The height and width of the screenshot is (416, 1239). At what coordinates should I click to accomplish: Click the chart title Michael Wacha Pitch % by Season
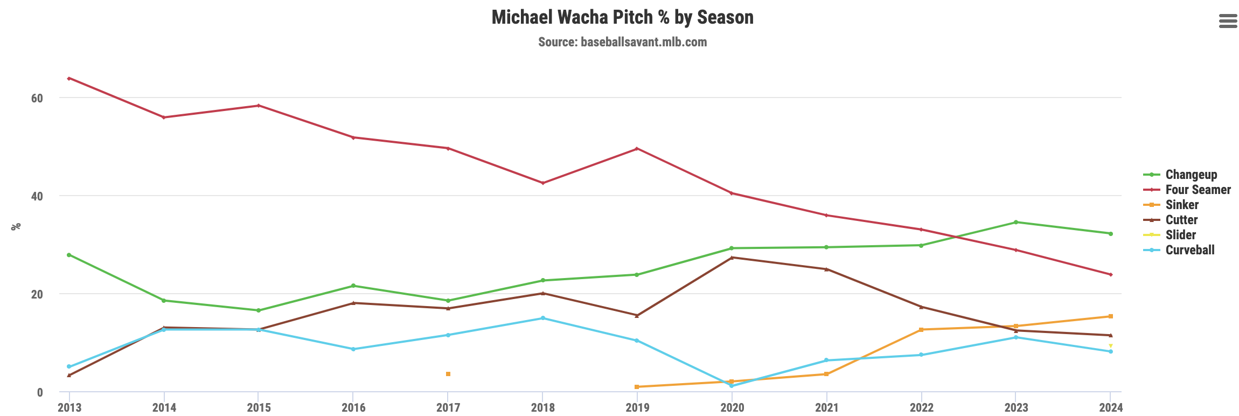(x=622, y=17)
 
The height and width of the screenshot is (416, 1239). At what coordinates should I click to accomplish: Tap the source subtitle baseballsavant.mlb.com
(x=622, y=42)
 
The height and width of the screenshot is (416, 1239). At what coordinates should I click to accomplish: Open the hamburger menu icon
(x=1228, y=21)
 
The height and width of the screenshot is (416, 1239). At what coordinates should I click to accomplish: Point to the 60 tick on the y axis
(x=37, y=98)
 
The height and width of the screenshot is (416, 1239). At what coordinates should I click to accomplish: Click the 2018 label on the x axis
(x=542, y=407)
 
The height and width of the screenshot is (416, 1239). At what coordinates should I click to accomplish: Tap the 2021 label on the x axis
(x=826, y=407)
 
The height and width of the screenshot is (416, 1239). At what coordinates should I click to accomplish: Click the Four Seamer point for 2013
(x=69, y=79)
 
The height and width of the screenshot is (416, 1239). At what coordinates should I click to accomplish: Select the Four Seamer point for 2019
(x=637, y=149)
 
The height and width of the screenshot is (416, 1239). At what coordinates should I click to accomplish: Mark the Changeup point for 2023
(x=1015, y=222)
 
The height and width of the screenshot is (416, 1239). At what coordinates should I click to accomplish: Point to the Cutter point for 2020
(x=732, y=258)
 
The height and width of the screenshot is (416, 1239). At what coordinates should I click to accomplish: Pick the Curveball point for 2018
(x=542, y=318)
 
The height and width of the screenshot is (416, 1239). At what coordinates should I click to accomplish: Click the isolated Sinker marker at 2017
(x=448, y=374)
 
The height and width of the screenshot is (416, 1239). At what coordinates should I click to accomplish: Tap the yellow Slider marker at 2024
(x=1110, y=346)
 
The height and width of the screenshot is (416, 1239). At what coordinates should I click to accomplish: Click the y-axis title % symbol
(x=16, y=226)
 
